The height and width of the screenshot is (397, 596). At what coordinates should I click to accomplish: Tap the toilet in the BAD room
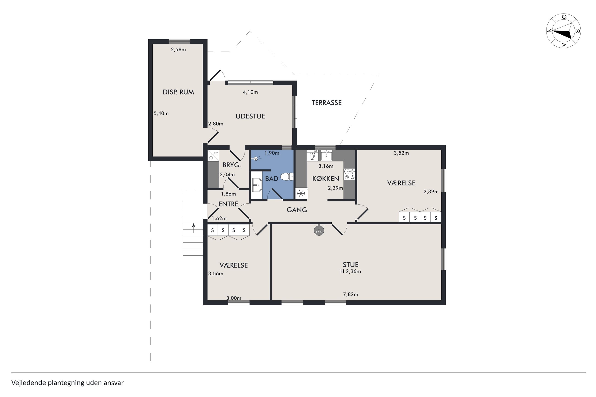(x=287, y=176)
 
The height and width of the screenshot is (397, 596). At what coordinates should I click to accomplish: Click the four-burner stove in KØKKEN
(x=349, y=174)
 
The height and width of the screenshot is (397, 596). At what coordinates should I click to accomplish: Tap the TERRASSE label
(x=326, y=103)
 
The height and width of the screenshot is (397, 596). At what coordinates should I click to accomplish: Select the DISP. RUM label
(x=178, y=92)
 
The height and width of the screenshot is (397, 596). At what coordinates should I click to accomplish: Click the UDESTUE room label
(x=250, y=116)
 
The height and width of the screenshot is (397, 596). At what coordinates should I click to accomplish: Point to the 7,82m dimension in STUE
(x=350, y=294)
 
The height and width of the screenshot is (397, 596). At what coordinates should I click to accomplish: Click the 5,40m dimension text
(x=161, y=113)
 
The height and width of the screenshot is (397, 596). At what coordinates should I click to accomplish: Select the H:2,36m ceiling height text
(x=350, y=271)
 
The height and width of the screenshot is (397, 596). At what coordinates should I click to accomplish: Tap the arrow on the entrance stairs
(x=194, y=228)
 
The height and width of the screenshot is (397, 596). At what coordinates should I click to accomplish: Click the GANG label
(x=297, y=210)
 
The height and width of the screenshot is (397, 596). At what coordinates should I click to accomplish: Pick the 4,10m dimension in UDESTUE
(x=250, y=92)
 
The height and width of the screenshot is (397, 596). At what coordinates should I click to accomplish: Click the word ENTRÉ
(x=228, y=204)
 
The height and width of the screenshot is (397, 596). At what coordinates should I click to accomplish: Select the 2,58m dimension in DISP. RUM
(x=178, y=50)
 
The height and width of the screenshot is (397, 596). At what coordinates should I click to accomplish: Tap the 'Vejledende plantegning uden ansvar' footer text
(x=68, y=383)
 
